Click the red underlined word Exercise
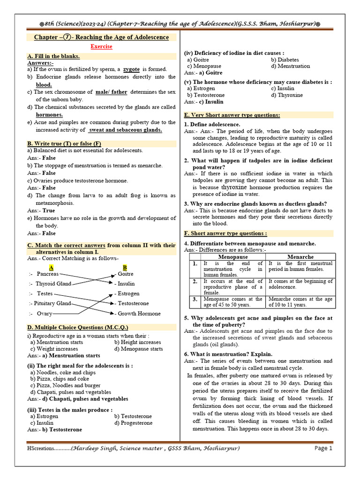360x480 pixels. tap(101, 47)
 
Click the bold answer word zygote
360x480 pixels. tap(132, 69)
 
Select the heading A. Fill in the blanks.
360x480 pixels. tap(53, 56)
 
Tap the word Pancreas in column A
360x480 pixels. tap(48, 274)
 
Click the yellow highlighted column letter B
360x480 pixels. tap(125, 267)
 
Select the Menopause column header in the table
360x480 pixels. tap(233, 257)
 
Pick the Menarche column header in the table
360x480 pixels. tap(300, 257)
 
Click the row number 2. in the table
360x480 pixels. tap(195, 281)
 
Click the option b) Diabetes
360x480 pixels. tap(287, 60)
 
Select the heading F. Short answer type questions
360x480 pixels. tap(226, 233)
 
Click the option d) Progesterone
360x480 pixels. tap(133, 423)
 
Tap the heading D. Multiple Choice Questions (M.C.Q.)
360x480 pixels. tap(78, 327)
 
